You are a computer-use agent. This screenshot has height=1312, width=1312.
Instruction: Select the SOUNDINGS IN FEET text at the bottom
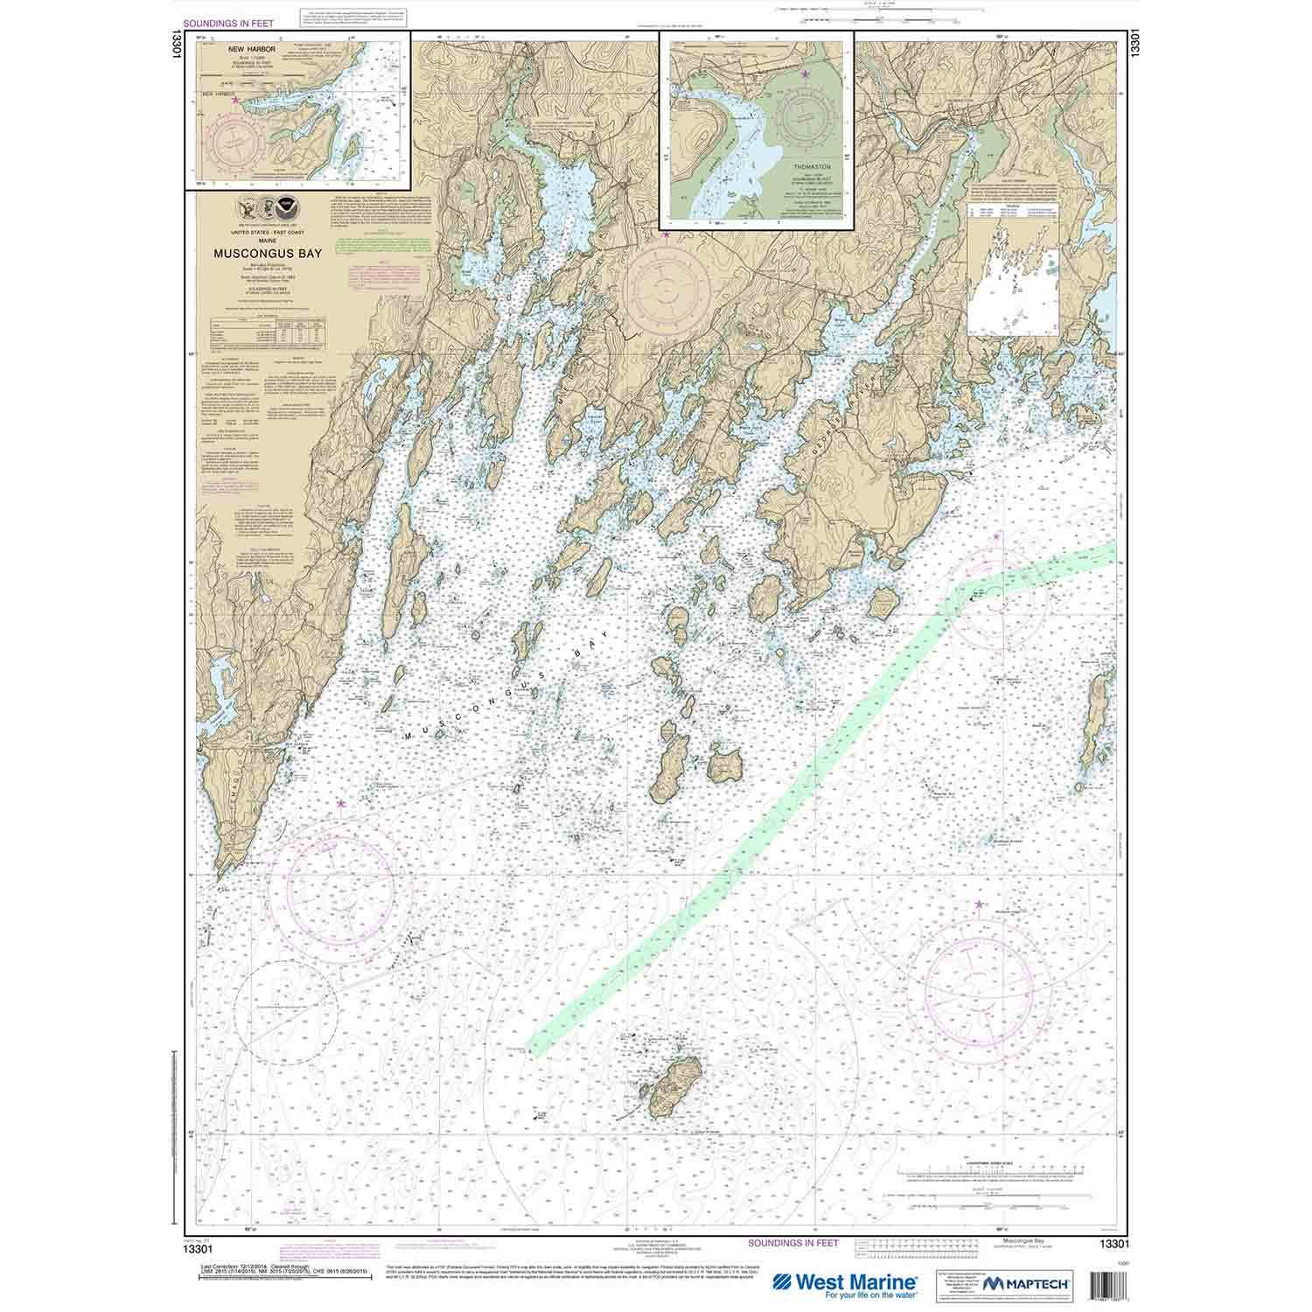point(793,1242)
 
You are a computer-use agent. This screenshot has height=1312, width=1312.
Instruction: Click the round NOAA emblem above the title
point(285,210)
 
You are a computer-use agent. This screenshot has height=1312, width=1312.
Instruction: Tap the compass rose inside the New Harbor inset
point(235,142)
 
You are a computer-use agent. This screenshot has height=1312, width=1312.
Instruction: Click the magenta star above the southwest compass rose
point(340,802)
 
